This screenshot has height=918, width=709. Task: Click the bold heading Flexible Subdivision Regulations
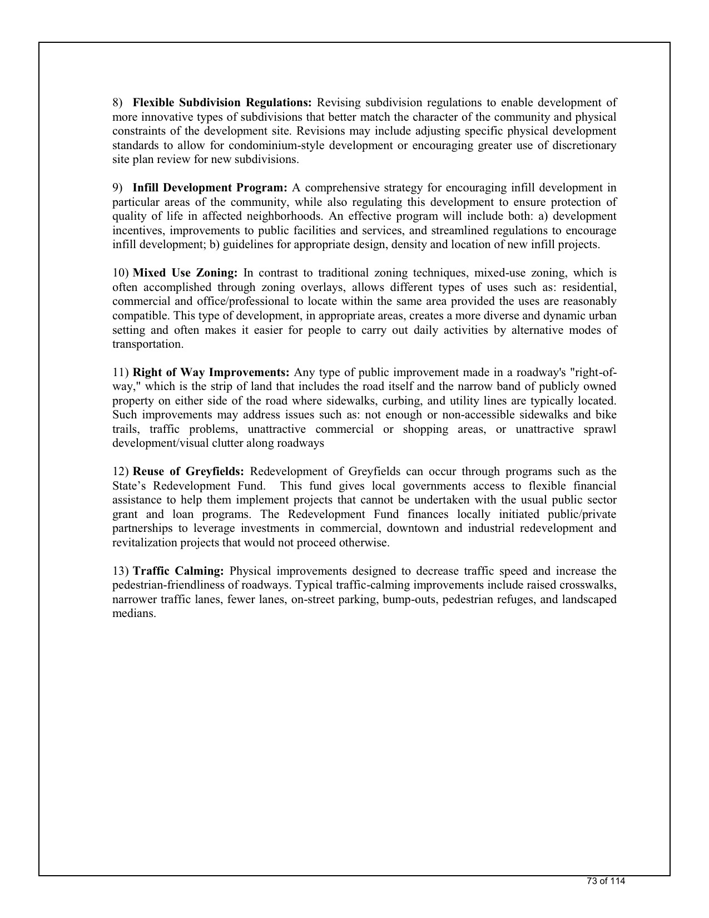[222, 103]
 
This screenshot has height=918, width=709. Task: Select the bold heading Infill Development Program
[210, 188]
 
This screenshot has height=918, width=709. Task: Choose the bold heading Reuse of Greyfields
[189, 472]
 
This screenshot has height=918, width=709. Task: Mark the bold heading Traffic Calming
[179, 571]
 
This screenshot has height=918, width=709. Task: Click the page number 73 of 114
[606, 881]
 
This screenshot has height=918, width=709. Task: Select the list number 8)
[117, 103]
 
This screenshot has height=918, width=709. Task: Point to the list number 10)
[121, 273]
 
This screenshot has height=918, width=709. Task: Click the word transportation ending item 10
[147, 344]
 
